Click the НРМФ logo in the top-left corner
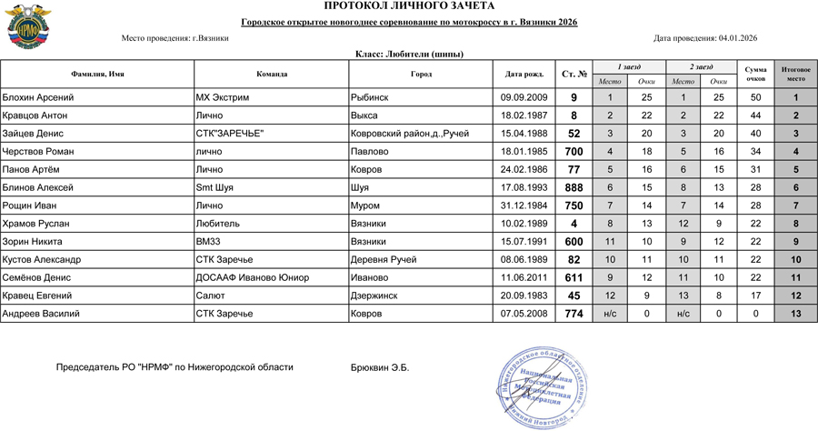click(x=25, y=28)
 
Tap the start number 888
click(x=574, y=187)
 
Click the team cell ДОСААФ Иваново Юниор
click(x=253, y=277)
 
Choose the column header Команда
click(x=272, y=74)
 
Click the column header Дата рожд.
click(x=524, y=74)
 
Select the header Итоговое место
click(x=795, y=74)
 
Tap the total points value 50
click(x=755, y=97)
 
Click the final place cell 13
click(x=795, y=314)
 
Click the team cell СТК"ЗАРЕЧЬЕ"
click(x=230, y=134)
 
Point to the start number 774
click(x=574, y=314)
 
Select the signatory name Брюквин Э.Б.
click(x=380, y=367)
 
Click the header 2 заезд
click(x=701, y=66)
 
